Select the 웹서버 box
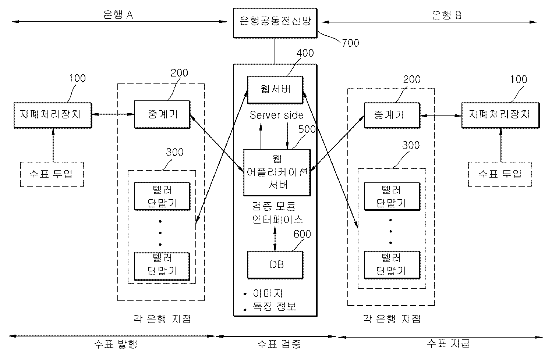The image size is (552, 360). pos(275,89)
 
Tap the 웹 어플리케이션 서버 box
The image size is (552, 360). pos(277,172)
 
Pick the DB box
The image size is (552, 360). pos(275,264)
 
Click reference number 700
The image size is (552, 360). pos(350,43)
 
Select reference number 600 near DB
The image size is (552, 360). pos(302,234)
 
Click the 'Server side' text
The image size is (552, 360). pos(276,115)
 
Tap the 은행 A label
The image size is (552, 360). pos(118,15)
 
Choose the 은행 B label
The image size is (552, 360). pos(446,15)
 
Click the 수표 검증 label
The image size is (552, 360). pos(279,344)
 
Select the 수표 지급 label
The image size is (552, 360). pos(448,343)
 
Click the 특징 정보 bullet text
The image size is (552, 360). pos(275,306)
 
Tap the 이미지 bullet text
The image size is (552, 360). pos(268,293)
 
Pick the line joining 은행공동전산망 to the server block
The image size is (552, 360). pos(275,51)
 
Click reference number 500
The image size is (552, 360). pos(307,129)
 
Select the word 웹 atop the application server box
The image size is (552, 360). pos(277,158)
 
